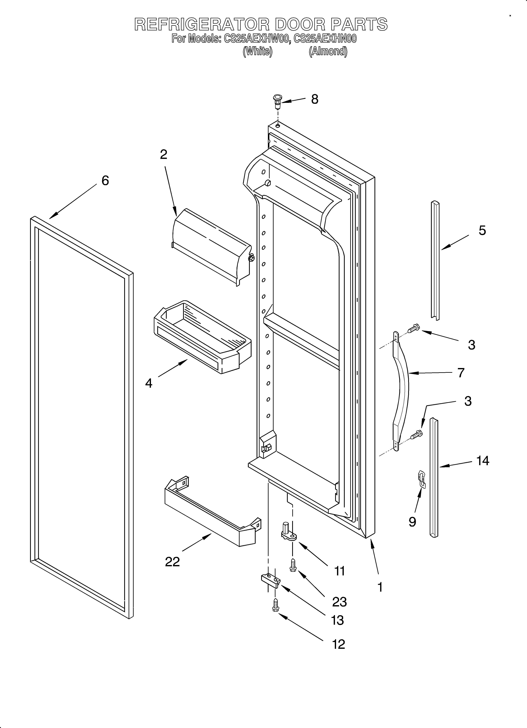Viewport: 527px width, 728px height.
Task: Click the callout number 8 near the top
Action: point(314,100)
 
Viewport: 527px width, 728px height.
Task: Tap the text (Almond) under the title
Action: point(328,51)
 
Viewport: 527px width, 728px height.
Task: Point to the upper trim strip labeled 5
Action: point(435,260)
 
